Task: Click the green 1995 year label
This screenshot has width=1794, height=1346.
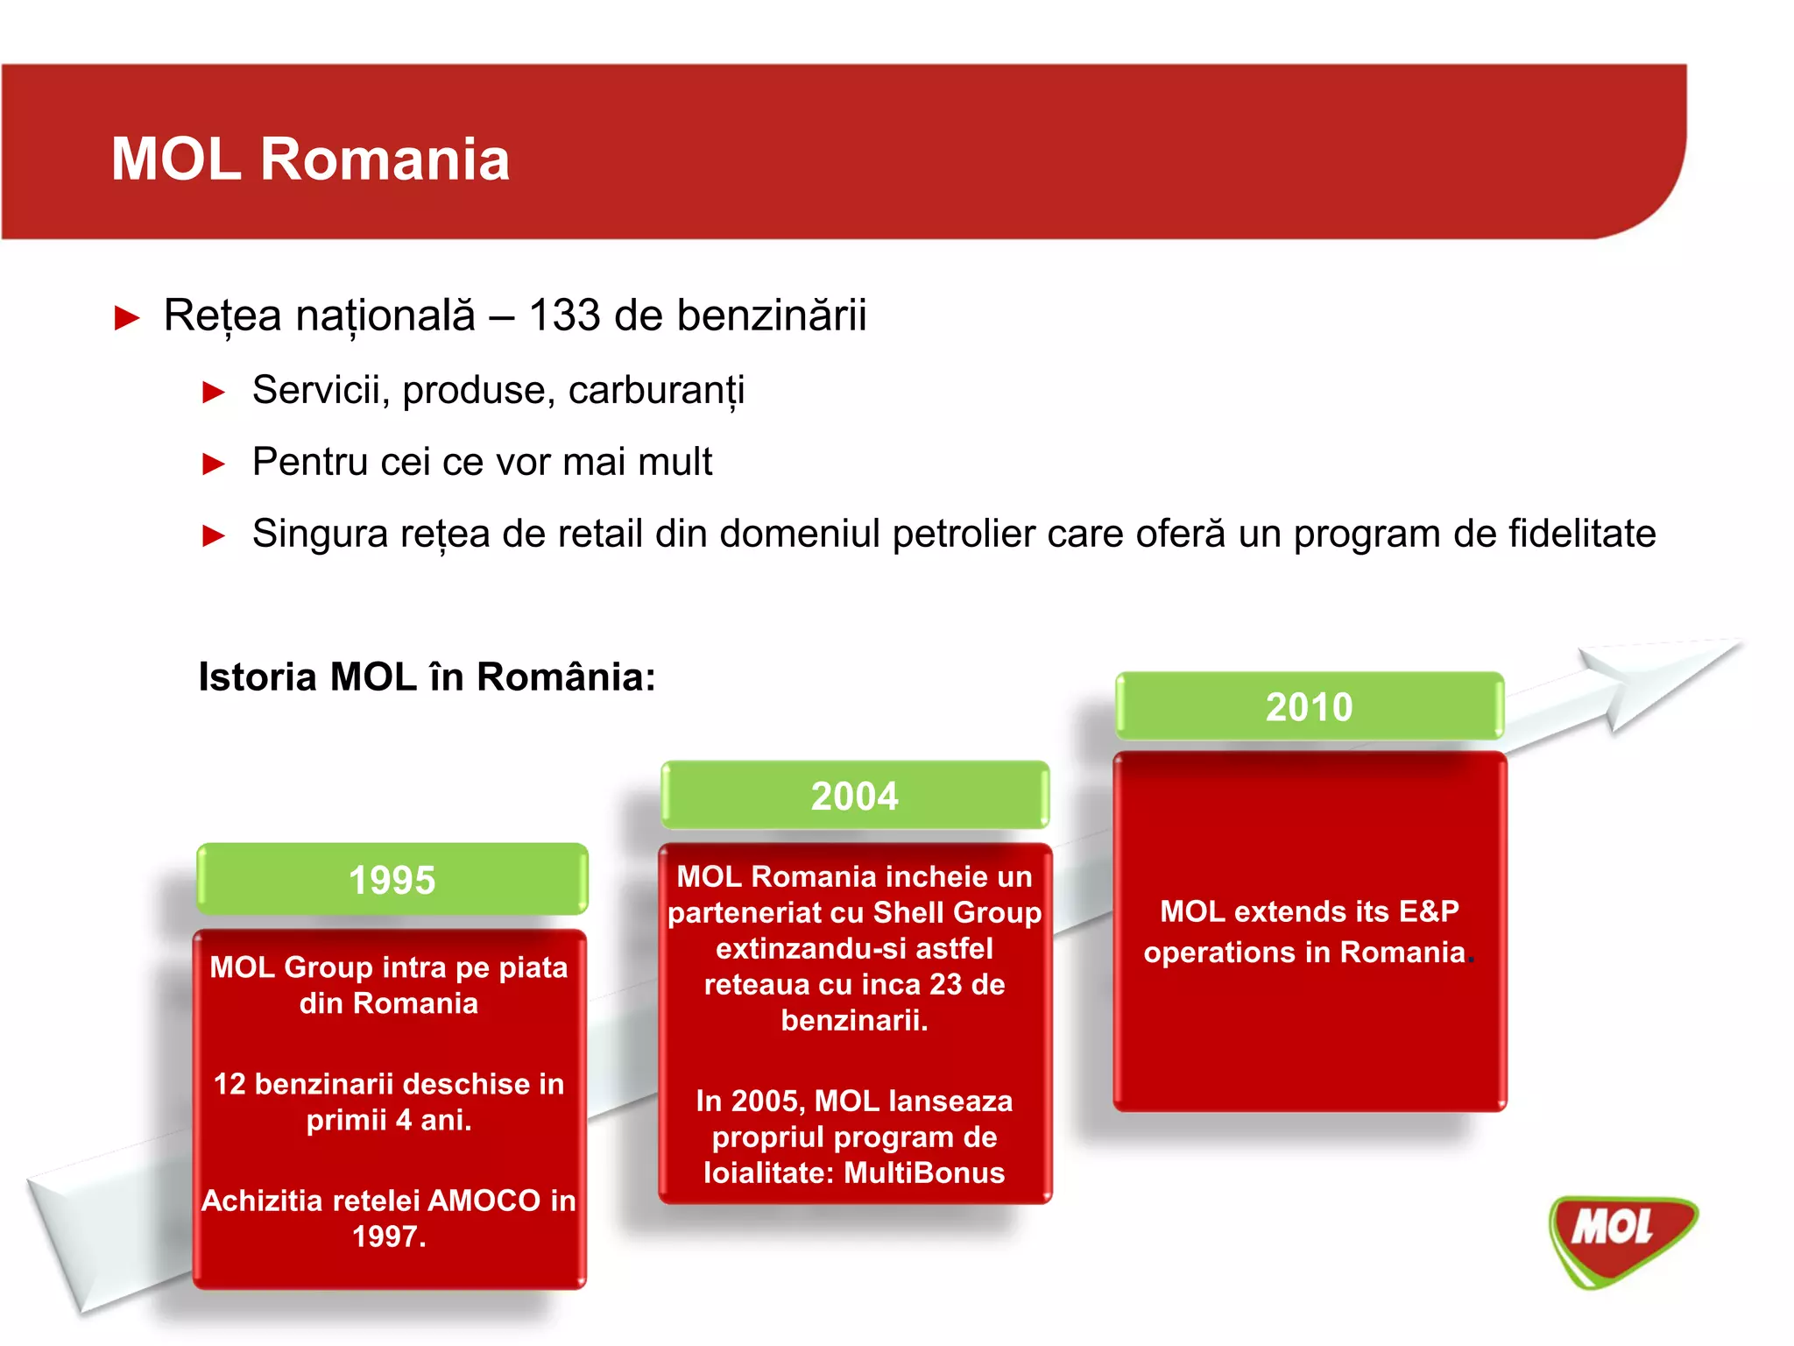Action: click(392, 879)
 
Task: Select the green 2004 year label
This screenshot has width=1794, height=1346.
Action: click(854, 796)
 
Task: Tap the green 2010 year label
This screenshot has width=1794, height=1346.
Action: click(1309, 706)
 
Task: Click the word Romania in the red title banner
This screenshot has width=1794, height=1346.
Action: click(385, 159)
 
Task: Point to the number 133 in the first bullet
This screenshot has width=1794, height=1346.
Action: click(564, 315)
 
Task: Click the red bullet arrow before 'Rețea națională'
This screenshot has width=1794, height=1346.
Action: click(127, 317)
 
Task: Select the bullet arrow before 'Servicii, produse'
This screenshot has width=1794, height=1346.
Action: click(214, 392)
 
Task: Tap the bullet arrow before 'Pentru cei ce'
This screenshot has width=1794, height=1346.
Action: click(214, 464)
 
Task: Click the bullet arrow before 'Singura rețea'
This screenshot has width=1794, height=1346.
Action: click(214, 535)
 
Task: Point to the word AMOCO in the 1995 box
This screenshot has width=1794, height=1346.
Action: click(484, 1201)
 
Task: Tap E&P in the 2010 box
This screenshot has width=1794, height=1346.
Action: click(1428, 911)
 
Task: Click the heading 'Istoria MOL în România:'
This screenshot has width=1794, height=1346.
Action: click(427, 677)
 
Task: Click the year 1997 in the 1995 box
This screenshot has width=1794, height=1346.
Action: click(385, 1236)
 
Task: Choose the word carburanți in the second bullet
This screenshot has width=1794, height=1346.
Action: click(656, 391)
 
